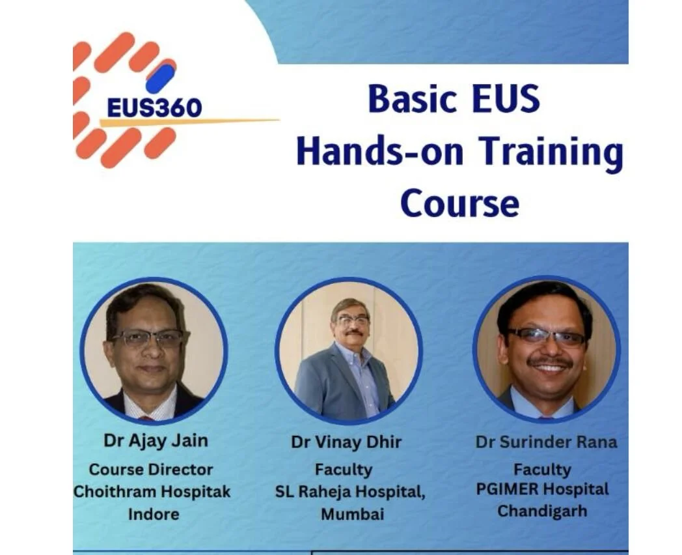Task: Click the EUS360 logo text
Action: (154, 107)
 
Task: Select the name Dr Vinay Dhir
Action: (346, 442)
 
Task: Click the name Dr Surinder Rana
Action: (546, 442)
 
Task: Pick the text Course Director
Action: (151, 469)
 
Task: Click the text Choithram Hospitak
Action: (152, 491)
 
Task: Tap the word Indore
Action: (154, 513)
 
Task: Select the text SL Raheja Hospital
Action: (350, 492)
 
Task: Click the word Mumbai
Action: (352, 513)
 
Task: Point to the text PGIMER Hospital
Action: (542, 489)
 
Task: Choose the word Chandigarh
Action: (542, 511)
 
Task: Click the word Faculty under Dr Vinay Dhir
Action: (343, 469)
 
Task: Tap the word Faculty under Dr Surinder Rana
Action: (542, 468)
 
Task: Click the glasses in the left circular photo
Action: (150, 337)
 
